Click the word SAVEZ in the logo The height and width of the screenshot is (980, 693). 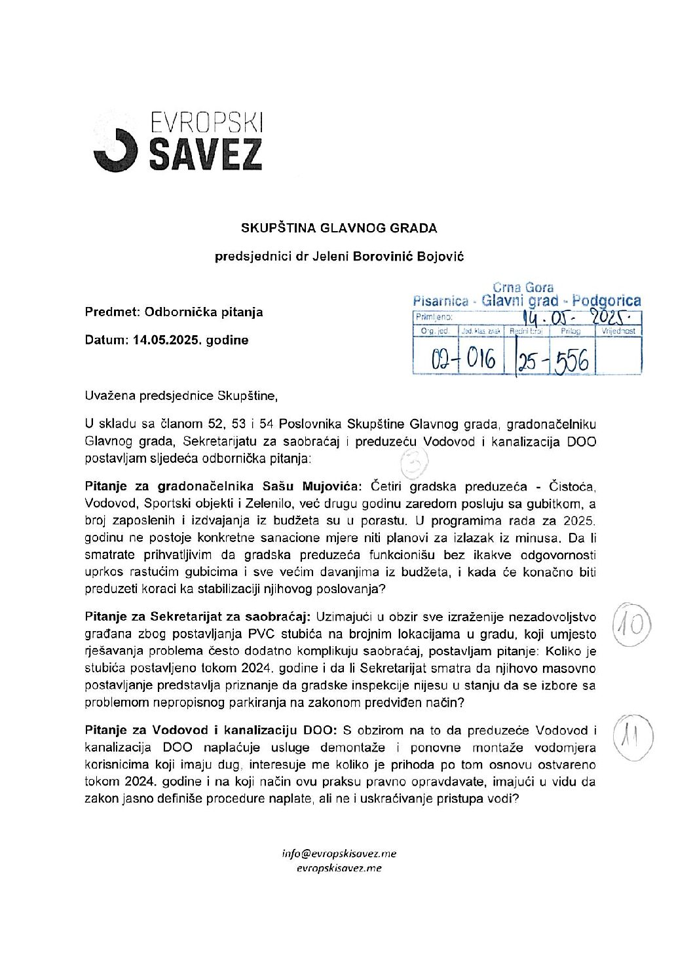tap(206, 154)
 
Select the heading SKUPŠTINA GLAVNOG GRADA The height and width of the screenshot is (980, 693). tap(339, 228)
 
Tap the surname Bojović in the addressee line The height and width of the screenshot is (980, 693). tap(439, 257)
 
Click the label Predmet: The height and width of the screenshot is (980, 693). tap(112, 312)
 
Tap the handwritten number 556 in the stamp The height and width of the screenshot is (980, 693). tap(572, 361)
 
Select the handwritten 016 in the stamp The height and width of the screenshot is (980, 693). tap(481, 359)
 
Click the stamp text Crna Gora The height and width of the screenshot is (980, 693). tap(523, 287)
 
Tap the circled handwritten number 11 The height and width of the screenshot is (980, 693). tap(630, 738)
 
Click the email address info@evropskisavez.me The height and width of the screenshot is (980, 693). tap(339, 854)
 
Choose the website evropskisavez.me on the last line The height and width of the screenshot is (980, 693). tap(339, 869)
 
